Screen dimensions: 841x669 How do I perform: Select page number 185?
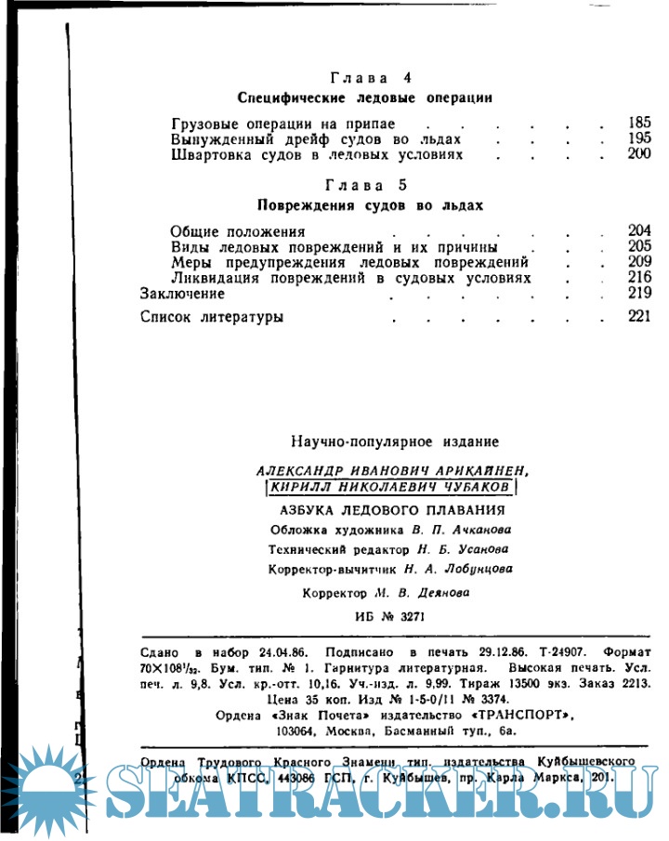[x=639, y=123]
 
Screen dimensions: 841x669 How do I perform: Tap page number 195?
[x=639, y=138]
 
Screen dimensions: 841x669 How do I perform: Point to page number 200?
[x=639, y=154]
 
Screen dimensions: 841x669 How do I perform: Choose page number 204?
[x=639, y=230]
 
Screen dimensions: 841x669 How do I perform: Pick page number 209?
[x=639, y=262]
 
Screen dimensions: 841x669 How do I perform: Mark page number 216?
[x=639, y=278]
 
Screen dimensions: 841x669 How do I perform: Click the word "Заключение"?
[x=183, y=294]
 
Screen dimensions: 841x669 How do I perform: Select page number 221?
[x=639, y=317]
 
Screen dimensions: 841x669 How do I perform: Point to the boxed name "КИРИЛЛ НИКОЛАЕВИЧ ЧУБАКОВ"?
[x=390, y=487]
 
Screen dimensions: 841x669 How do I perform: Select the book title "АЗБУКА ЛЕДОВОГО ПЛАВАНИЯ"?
[x=392, y=510]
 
